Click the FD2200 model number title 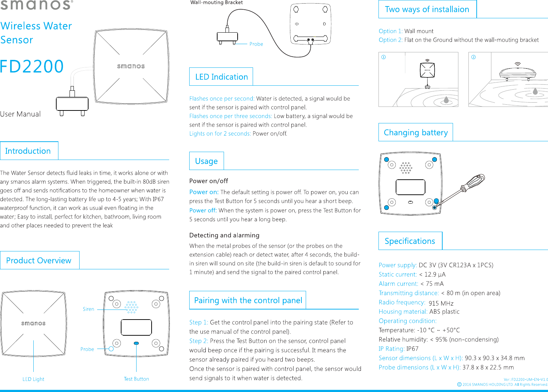[x=32, y=66]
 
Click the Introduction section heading [x=28, y=151]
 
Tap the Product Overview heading [x=39, y=260]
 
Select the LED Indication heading [x=221, y=77]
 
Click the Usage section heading [x=206, y=161]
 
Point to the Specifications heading [x=410, y=241]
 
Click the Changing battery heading [x=416, y=132]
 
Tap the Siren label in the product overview [x=89, y=309]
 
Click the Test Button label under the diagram [x=137, y=379]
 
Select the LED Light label [x=33, y=379]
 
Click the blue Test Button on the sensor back [x=136, y=343]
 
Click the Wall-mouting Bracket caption [x=216, y=3]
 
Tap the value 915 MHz [x=441, y=303]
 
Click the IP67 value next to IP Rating [x=412, y=349]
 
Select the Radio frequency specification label [x=402, y=302]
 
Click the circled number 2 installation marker [x=473, y=57]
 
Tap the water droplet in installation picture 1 [x=446, y=100]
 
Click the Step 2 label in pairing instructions [x=199, y=341]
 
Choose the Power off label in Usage [x=203, y=211]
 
